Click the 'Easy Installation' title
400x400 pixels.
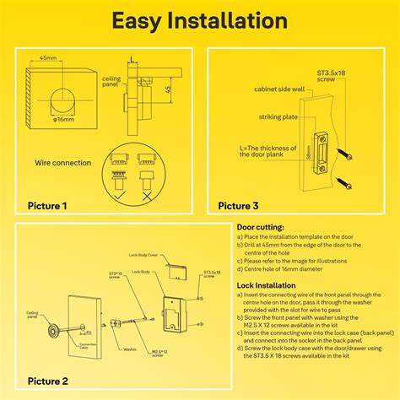[x=199, y=21]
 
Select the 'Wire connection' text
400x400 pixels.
[x=62, y=162]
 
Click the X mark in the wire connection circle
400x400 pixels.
[x=149, y=192]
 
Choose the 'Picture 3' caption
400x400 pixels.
[x=239, y=205]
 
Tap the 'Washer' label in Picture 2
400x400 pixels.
[x=130, y=348]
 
